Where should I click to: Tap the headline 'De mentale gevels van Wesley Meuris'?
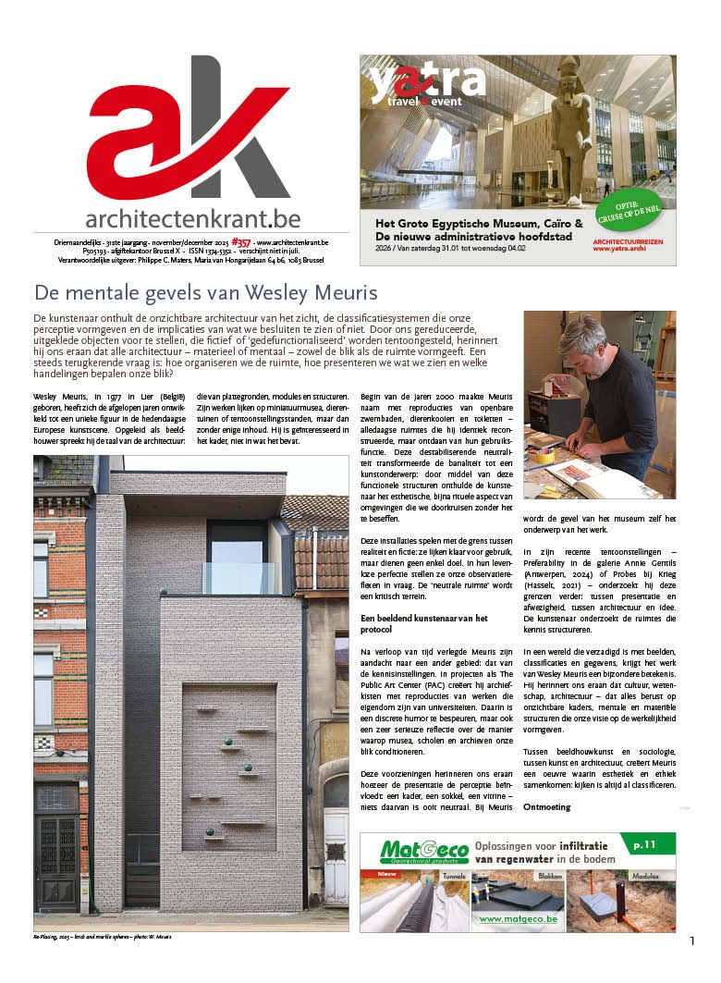(x=205, y=293)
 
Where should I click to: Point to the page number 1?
(x=691, y=940)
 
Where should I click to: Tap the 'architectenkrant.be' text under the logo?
(x=192, y=218)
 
